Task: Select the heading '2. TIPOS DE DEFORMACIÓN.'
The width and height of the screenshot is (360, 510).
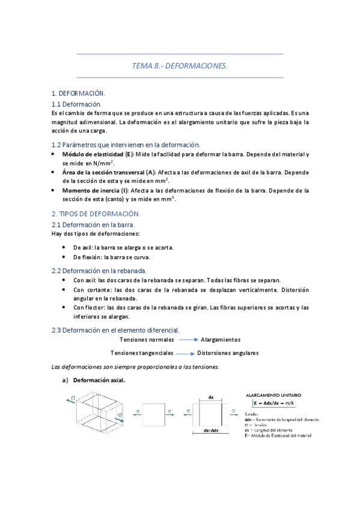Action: click(x=96, y=214)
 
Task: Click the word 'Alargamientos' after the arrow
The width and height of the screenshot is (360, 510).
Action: click(x=220, y=340)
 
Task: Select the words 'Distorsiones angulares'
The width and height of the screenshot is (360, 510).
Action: click(x=228, y=353)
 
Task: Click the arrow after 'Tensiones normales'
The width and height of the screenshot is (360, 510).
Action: click(x=188, y=340)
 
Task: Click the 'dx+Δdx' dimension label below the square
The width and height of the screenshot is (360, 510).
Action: click(x=210, y=431)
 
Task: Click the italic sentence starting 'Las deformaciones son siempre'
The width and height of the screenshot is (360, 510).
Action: click(x=135, y=366)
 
